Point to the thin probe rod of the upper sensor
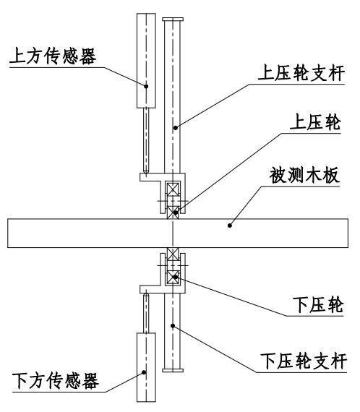[x=146, y=138]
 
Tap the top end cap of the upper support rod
[x=173, y=19]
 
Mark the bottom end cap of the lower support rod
[x=173, y=372]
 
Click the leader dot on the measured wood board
[x=230, y=224]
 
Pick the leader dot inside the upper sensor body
[x=147, y=85]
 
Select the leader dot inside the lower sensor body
[x=147, y=372]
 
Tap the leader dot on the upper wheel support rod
[x=173, y=127]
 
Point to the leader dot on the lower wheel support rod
[x=173, y=326]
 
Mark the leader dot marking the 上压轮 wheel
[x=173, y=212]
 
